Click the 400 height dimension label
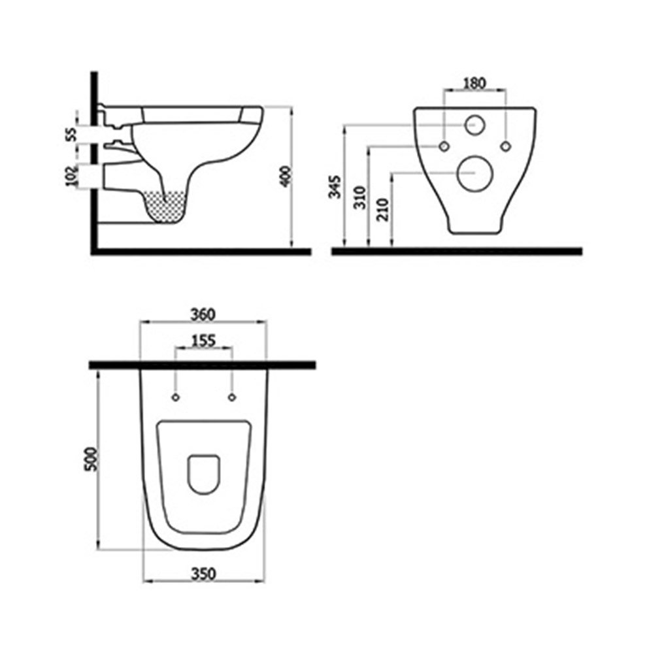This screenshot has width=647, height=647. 286,176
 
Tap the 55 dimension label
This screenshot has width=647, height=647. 71,135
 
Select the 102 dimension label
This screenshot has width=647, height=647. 72,175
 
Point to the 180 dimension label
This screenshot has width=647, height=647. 474,84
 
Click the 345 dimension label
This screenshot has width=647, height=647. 335,187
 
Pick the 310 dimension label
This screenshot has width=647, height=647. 360,197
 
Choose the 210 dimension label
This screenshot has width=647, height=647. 384,210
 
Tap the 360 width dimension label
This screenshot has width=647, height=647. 203,315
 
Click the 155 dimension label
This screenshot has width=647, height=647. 204,341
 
